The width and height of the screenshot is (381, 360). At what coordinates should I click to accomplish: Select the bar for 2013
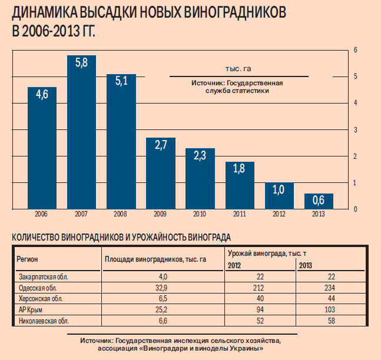click(x=318, y=201)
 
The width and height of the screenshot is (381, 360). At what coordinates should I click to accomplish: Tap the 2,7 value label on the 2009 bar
click(x=161, y=145)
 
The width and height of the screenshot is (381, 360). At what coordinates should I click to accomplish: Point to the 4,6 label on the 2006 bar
click(x=42, y=94)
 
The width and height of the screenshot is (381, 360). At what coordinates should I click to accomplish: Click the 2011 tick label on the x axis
click(x=239, y=214)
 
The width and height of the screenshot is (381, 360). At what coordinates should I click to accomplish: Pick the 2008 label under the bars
click(x=121, y=214)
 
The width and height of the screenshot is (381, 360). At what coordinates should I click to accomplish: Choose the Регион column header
click(x=28, y=259)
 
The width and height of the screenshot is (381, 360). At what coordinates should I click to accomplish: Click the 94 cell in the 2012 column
click(x=260, y=310)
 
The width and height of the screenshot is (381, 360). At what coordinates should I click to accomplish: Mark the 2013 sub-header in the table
click(x=306, y=265)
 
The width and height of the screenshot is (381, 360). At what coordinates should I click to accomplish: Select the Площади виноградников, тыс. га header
click(x=155, y=259)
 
